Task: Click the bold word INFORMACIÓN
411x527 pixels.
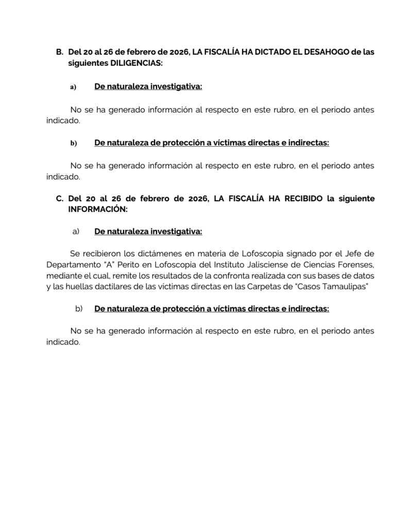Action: coord(97,209)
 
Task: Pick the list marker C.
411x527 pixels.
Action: coord(59,199)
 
